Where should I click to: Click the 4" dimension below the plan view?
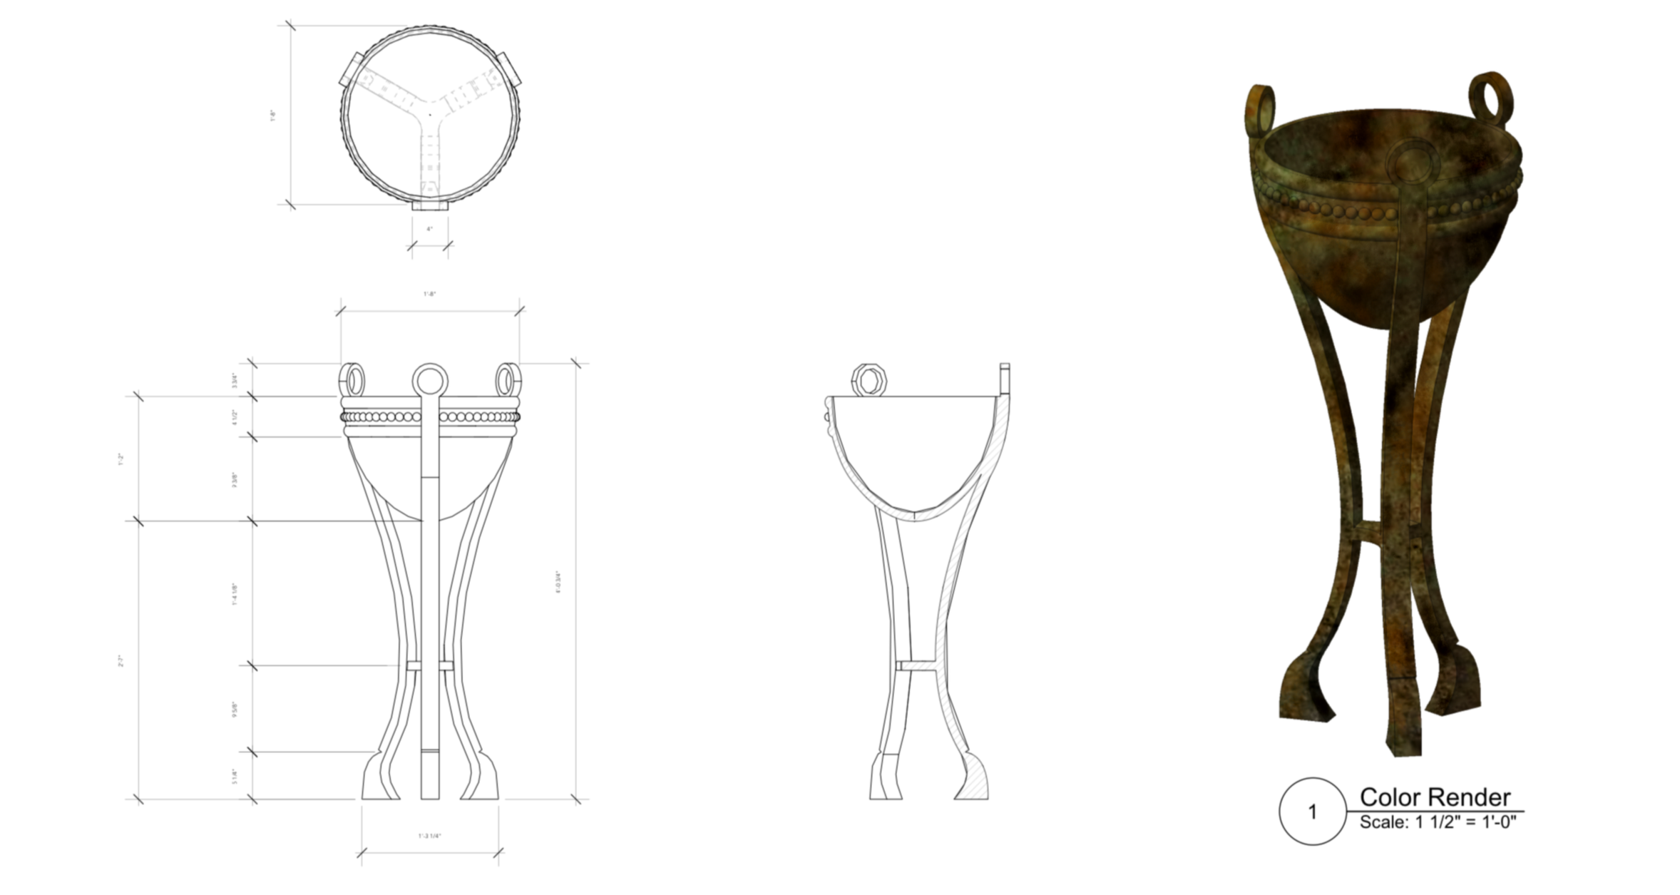pyautogui.click(x=429, y=229)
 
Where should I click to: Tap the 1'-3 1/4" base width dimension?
pyautogui.click(x=429, y=835)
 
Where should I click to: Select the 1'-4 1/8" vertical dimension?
pyautogui.click(x=235, y=594)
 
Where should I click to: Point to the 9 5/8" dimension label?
pyautogui.click(x=235, y=709)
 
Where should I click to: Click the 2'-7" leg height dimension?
pyautogui.click(x=121, y=660)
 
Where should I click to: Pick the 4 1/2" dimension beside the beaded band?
pyautogui.click(x=235, y=416)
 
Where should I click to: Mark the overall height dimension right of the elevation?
pyautogui.click(x=558, y=581)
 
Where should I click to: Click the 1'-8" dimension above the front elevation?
pyautogui.click(x=429, y=294)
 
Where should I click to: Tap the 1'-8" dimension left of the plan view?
pyautogui.click(x=272, y=115)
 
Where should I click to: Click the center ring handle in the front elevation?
pyautogui.click(x=430, y=379)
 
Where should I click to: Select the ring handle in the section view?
pyautogui.click(x=869, y=379)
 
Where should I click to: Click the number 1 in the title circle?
pyautogui.click(x=1312, y=812)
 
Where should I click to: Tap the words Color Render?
pyautogui.click(x=1435, y=797)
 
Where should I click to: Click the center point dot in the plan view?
pyautogui.click(x=430, y=114)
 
